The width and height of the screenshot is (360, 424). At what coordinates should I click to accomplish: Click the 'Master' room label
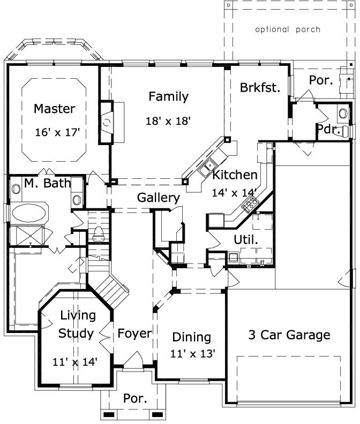[54, 109]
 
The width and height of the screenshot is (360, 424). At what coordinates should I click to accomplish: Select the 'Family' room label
[168, 97]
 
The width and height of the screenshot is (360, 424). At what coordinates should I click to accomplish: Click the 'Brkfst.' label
[260, 88]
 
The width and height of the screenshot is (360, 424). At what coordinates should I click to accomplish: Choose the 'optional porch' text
[288, 29]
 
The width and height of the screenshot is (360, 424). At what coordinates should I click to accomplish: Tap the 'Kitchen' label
[235, 175]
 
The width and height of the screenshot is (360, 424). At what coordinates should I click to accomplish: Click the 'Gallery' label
[158, 198]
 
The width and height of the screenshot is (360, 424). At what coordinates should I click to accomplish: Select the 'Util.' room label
[246, 240]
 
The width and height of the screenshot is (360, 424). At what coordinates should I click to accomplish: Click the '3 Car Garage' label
[289, 335]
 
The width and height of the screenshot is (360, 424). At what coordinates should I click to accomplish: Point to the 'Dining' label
[191, 337]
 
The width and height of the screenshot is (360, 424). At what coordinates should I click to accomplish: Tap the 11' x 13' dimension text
[193, 353]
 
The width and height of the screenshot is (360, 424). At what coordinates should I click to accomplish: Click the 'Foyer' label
[134, 334]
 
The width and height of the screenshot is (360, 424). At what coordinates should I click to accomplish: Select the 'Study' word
[76, 334]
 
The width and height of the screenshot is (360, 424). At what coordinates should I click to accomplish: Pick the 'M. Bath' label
[47, 184]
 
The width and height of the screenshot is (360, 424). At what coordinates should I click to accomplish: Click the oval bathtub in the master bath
[29, 213]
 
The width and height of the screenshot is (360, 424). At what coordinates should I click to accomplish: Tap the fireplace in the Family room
[108, 123]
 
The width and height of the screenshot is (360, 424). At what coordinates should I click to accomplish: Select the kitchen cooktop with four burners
[250, 203]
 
